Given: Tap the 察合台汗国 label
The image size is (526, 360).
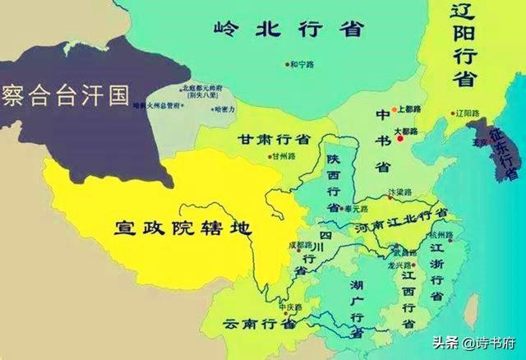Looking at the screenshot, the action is click(66, 95).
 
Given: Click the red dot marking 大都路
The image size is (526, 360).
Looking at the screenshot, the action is click(400, 139).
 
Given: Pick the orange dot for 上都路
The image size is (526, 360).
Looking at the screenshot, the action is click(394, 109).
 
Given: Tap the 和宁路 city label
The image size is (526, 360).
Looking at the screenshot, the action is click(302, 63).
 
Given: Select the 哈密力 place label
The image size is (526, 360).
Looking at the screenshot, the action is click(224, 108).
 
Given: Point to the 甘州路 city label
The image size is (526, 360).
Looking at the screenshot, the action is click(284, 156).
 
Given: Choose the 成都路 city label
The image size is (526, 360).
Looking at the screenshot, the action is click(299, 245).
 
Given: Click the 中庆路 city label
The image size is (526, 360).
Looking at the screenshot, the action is click(292, 307).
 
